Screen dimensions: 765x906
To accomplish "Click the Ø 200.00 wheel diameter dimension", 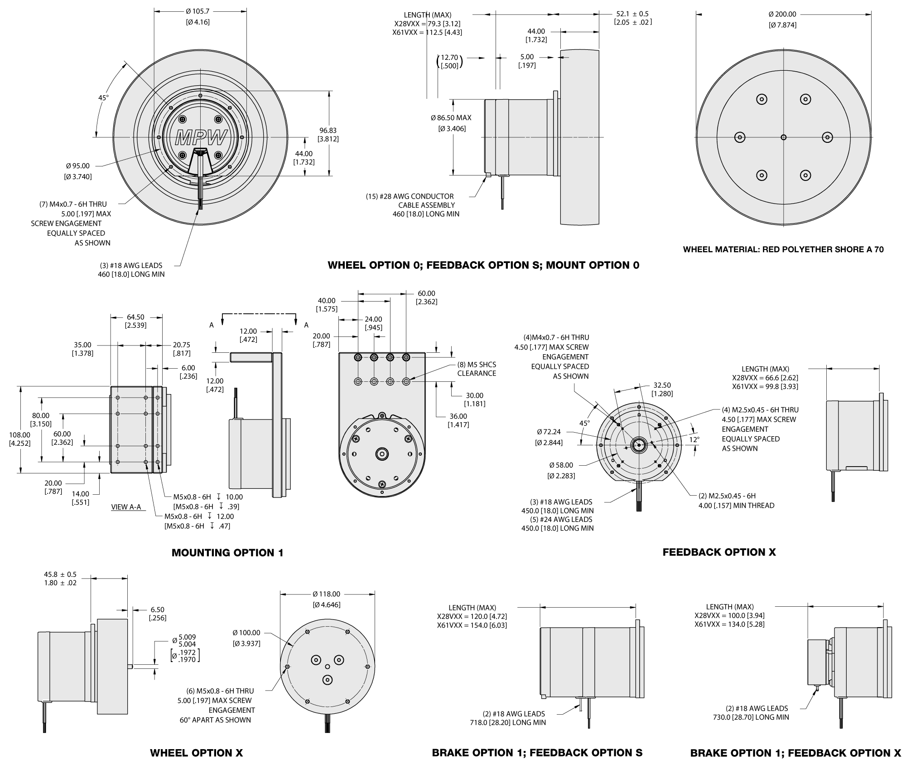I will click(x=782, y=14).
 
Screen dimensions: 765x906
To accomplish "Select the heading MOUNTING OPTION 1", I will click(x=227, y=553).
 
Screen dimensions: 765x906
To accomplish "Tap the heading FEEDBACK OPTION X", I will click(x=719, y=552).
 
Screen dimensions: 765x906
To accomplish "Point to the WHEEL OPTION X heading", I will click(x=196, y=753).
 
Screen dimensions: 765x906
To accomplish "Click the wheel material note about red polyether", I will click(x=783, y=249).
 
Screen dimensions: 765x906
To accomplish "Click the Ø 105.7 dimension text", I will click(x=198, y=11).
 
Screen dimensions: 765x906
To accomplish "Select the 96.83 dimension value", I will click(x=328, y=130).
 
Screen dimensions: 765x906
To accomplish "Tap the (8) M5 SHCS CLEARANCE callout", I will click(x=477, y=369).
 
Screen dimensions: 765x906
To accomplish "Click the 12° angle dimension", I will click(x=694, y=439).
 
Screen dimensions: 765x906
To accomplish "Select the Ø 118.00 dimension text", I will click(x=326, y=594).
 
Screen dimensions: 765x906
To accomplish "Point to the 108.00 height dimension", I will click(x=20, y=435).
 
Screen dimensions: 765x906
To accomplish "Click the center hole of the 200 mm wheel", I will click(x=784, y=137).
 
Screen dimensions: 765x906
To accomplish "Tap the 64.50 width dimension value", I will click(x=135, y=317).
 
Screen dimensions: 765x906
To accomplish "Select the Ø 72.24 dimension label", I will click(x=549, y=432).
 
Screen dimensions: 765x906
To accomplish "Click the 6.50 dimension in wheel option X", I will click(x=157, y=610).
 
